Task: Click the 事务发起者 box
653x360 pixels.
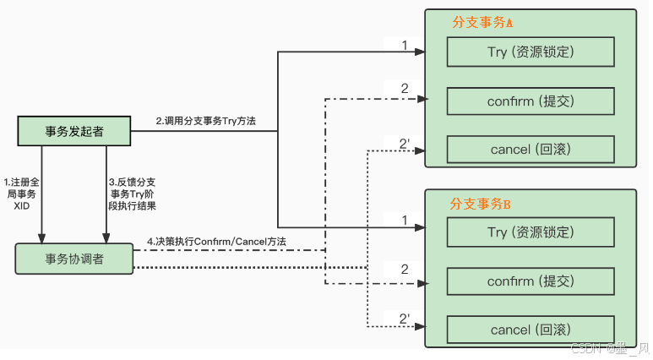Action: coord(74,131)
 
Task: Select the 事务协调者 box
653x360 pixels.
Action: coord(74,259)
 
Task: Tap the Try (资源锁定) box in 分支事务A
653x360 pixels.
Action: coord(530,52)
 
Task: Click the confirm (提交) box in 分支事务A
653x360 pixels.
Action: coord(530,101)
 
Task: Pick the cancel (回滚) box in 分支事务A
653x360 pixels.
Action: coord(530,150)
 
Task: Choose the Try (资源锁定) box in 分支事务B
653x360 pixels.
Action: coord(530,232)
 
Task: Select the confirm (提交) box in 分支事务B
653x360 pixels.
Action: coord(530,281)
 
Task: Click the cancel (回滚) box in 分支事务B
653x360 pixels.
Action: coord(530,330)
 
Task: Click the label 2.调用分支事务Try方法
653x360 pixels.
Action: coord(205,122)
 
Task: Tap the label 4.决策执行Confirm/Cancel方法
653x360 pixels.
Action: coord(216,242)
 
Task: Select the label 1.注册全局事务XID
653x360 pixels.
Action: coord(21,194)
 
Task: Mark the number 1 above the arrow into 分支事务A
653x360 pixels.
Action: coord(405,44)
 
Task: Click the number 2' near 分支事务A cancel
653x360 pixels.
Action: coord(405,144)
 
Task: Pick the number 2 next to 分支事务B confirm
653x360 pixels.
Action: coord(405,270)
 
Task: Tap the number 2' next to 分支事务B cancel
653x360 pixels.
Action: coord(405,319)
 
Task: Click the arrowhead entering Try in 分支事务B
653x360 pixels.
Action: coord(417,227)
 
